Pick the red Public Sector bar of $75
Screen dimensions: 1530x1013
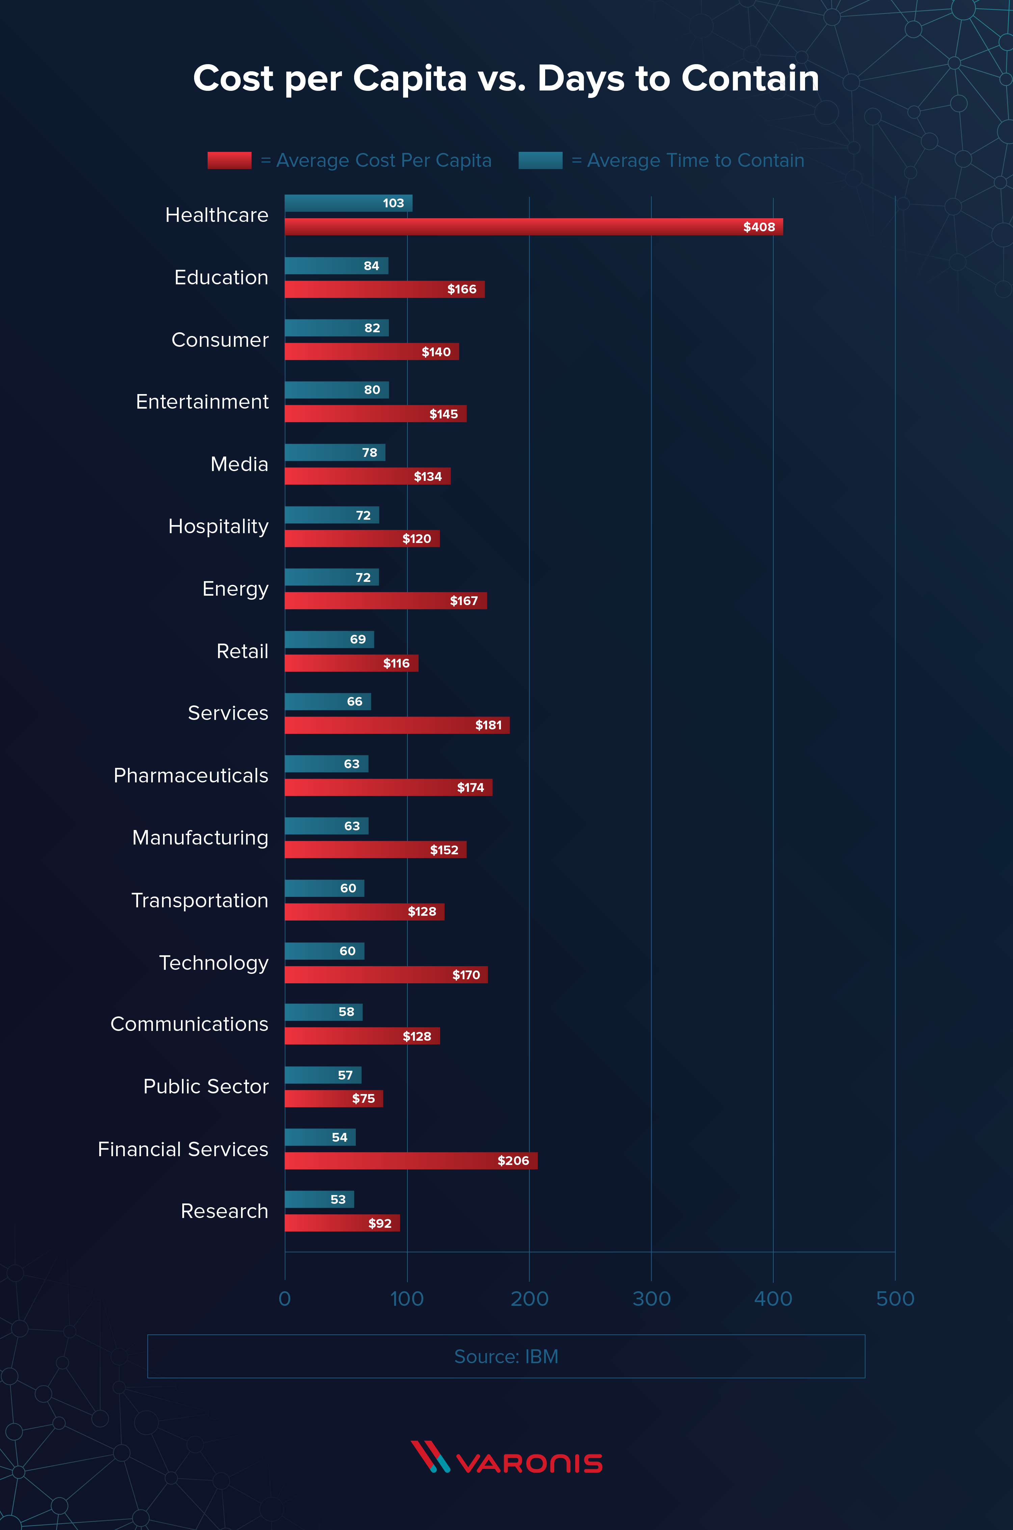[x=334, y=1098]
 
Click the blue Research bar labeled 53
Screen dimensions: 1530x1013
[x=319, y=1199]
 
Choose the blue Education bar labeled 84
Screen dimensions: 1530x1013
[x=336, y=265]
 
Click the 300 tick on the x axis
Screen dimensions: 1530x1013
[x=651, y=1299]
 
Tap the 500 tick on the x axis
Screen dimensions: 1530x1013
[x=895, y=1299]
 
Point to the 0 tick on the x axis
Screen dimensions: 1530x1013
[x=285, y=1299]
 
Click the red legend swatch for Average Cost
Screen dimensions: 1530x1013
[x=229, y=160]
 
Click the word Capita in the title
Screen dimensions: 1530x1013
[x=409, y=79]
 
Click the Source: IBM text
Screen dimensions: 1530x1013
[x=506, y=1356]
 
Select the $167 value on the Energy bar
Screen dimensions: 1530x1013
[x=464, y=601]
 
